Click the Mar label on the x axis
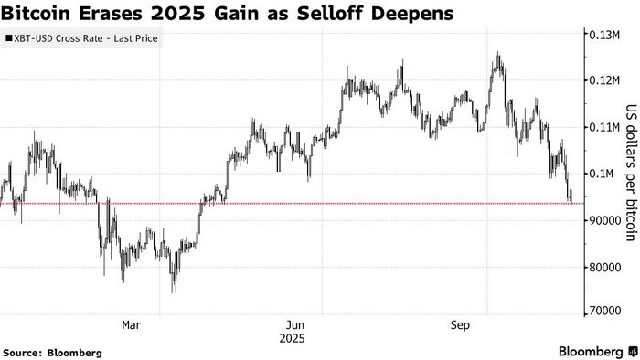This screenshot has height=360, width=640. (132, 324)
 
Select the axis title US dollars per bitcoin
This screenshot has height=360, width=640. (630, 173)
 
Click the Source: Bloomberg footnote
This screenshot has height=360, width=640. (51, 352)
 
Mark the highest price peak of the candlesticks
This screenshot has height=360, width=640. (497, 54)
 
